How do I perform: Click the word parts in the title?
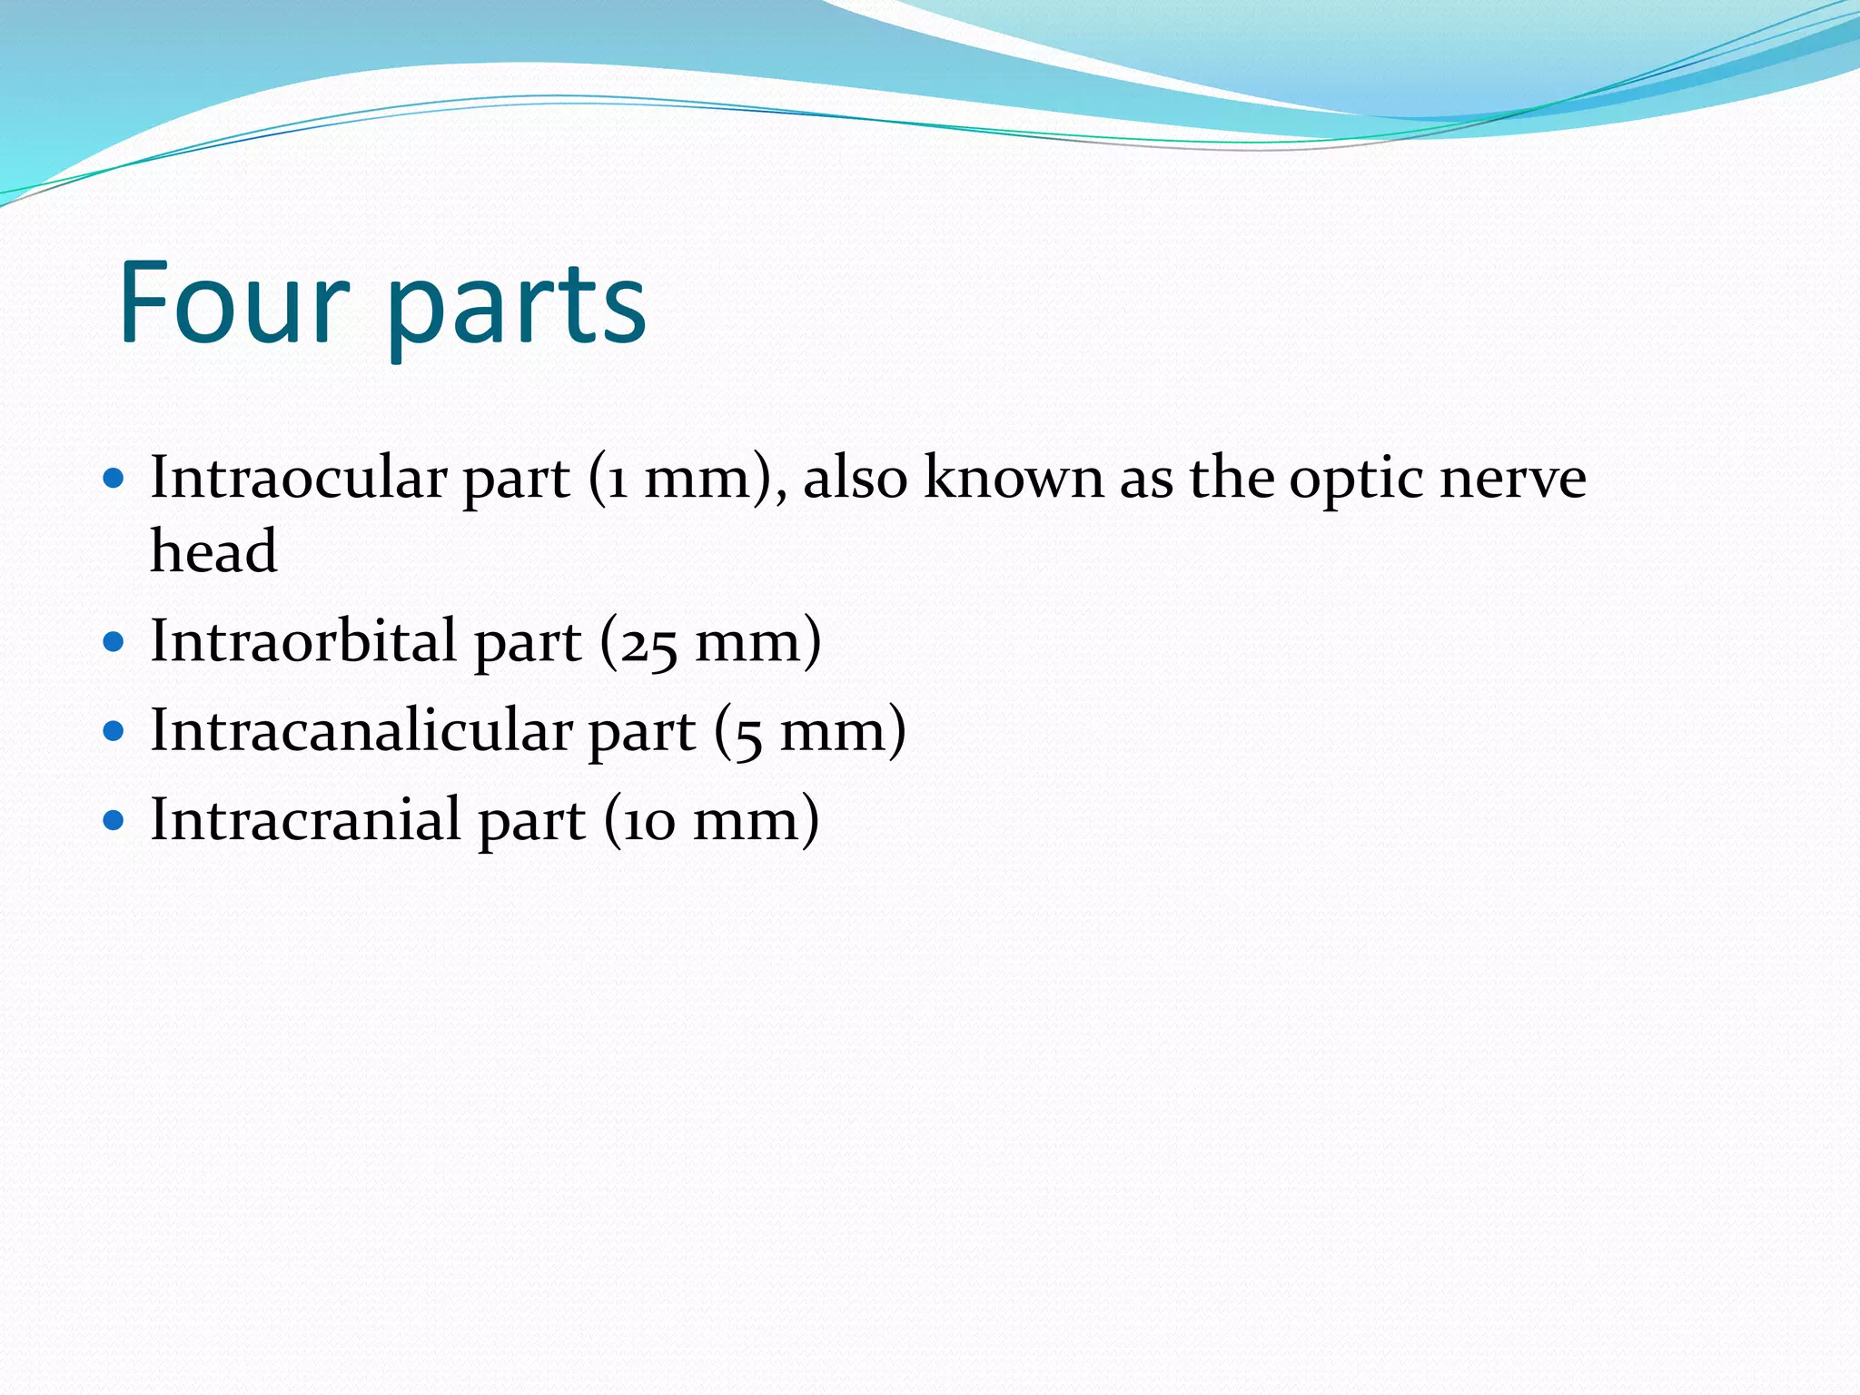coord(517,309)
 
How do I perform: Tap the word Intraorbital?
coord(303,641)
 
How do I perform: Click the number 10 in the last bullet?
coord(648,823)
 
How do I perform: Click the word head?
coord(213,551)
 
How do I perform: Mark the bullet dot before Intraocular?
coord(114,479)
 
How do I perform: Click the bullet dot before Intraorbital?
coord(114,643)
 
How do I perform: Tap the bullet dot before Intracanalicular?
coord(114,732)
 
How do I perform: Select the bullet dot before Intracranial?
coord(114,821)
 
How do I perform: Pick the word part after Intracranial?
coord(531,823)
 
